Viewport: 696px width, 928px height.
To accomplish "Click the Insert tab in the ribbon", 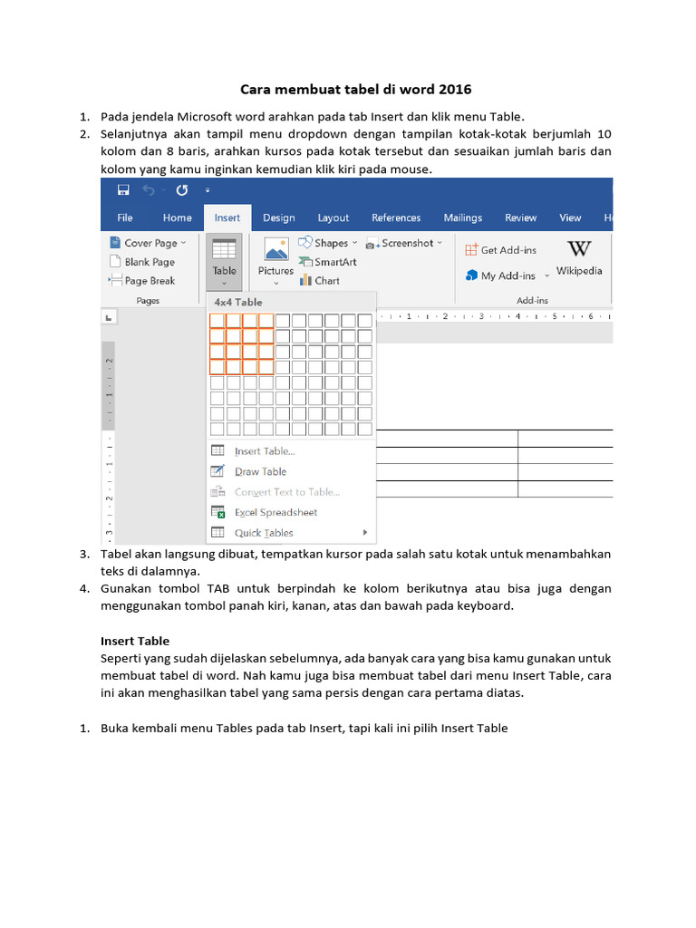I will tap(227, 217).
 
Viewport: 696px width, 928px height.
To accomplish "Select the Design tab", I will tap(278, 217).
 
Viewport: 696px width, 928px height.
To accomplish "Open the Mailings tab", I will tap(462, 217).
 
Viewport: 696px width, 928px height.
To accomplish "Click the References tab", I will tap(396, 217).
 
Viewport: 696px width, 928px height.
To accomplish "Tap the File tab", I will tap(125, 217).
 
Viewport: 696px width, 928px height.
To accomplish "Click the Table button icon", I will tap(224, 249).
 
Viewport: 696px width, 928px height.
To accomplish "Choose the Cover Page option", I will tap(150, 243).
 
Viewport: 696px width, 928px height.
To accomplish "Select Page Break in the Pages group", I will tap(149, 281).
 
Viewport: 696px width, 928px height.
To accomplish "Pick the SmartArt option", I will tap(334, 262).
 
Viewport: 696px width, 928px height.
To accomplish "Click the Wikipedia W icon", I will tap(579, 249).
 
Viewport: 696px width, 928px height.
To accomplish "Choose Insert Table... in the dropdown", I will tap(265, 451).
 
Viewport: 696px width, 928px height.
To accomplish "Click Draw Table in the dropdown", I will tap(260, 471).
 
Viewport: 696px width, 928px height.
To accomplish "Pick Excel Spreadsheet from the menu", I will tap(275, 512).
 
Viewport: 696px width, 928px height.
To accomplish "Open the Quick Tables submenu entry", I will tap(264, 533).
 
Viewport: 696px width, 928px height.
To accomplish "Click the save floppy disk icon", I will tap(123, 190).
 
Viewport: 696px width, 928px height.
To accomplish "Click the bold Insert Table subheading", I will tap(135, 640).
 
